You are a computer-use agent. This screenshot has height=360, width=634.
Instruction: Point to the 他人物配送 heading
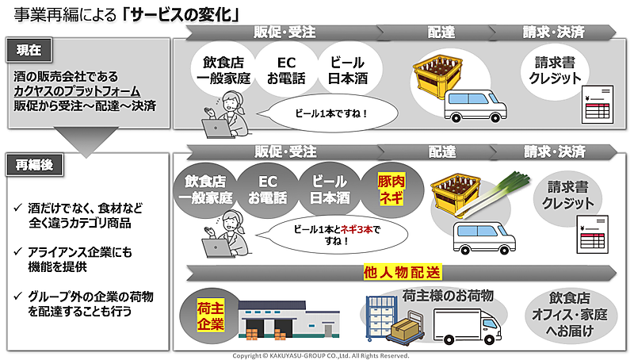(402, 273)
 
